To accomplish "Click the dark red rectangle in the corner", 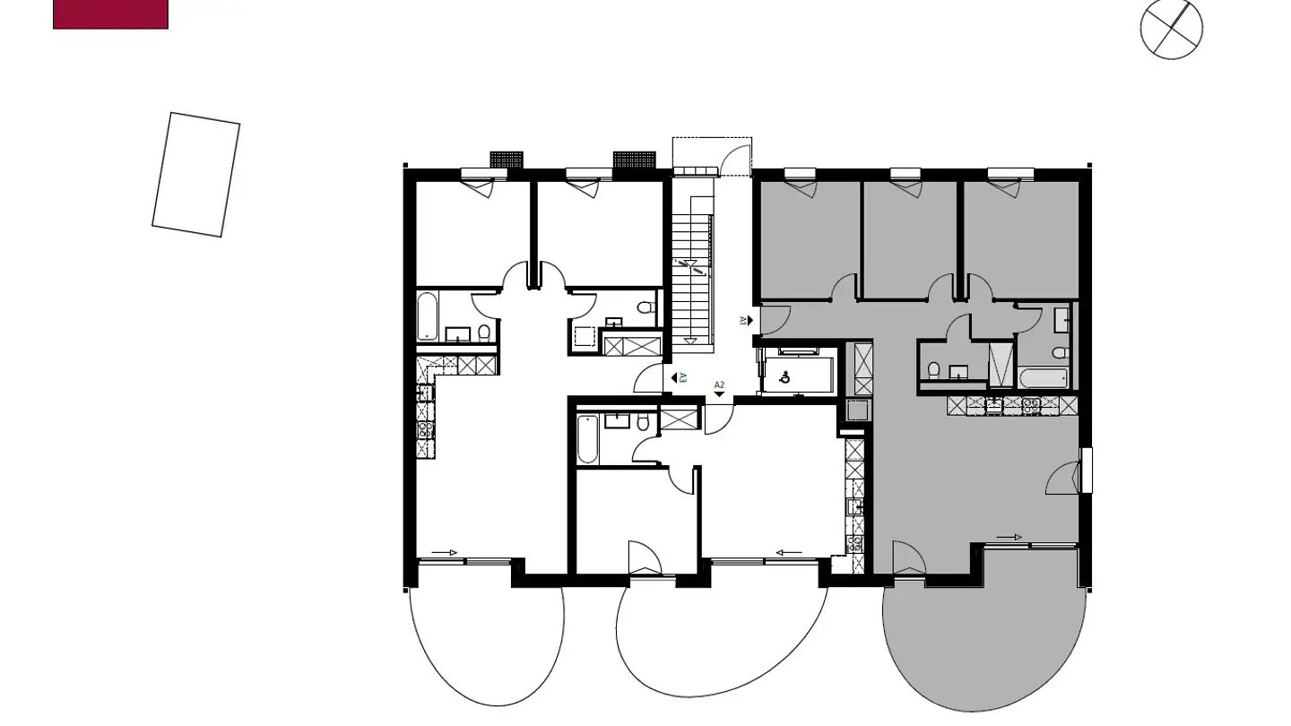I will point(110,13).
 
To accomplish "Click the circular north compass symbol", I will point(1171,30).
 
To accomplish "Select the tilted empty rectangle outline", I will point(195,175).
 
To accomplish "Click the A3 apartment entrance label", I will point(679,378).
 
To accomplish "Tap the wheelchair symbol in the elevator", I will point(786,377).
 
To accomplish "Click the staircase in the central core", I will point(695,278).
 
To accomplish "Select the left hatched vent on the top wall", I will point(507,160).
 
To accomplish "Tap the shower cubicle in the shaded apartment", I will point(1001,364).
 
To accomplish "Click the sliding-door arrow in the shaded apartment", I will point(1009,537).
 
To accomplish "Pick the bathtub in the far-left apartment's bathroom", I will point(428,315).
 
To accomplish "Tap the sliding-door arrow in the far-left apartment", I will point(444,552).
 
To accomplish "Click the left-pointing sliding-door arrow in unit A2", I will point(789,553).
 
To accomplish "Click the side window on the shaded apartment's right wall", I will point(1087,470).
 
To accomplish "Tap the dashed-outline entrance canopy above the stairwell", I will point(712,154).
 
